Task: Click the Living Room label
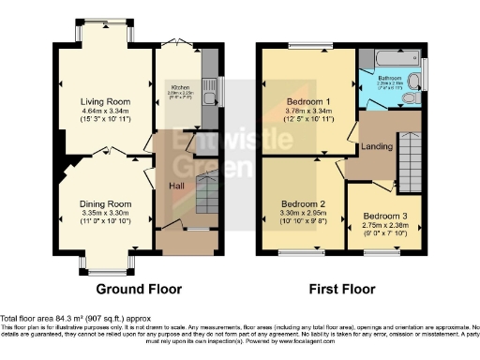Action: pos(102,101)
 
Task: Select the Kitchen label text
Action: pos(180,87)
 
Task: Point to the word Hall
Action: pos(175,186)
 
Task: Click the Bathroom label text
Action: pos(391,78)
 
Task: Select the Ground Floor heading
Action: pos(139,289)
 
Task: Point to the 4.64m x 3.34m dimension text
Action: pos(102,112)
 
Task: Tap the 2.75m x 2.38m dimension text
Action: pos(385,227)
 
